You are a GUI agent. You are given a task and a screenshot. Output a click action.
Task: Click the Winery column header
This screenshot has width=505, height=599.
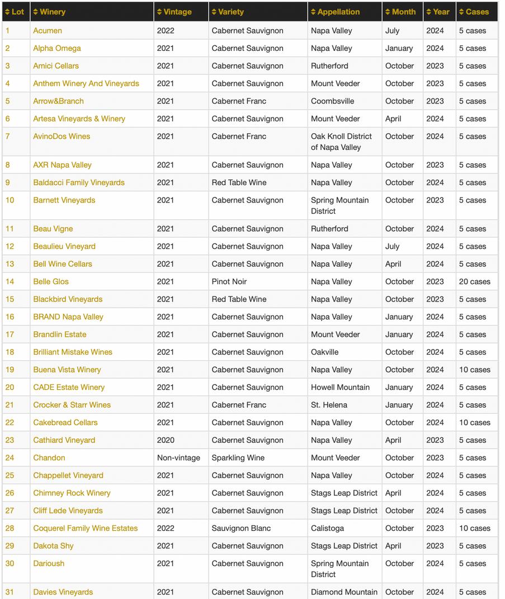coord(53,12)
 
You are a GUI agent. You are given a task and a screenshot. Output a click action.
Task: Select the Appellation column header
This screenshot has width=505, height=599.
coord(338,12)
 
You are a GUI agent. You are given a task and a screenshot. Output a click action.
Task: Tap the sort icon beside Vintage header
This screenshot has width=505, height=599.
coord(159,12)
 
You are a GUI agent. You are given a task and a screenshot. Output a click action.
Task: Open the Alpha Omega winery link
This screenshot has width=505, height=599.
coord(57,48)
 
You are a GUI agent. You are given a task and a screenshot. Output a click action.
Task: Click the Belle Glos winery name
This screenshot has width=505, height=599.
coord(51,281)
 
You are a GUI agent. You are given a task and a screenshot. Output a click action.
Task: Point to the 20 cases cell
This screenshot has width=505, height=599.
coord(474,281)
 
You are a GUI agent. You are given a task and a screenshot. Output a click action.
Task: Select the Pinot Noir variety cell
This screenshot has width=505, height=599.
coord(229,281)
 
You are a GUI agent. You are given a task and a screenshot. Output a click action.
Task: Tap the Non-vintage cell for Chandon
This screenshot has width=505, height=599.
coord(178,457)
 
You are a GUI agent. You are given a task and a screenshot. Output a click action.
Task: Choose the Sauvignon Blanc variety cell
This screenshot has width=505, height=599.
coord(241,528)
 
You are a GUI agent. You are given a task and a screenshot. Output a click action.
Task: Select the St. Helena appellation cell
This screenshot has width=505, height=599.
coord(329,405)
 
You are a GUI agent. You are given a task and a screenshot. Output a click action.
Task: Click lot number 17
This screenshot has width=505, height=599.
coord(10,334)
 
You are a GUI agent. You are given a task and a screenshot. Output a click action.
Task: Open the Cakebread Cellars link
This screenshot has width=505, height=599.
coord(65,422)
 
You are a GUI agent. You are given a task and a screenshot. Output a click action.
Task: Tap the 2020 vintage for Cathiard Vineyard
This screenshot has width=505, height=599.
coord(166,440)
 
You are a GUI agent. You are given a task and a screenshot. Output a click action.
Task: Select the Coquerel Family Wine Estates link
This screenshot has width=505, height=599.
coord(86,528)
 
